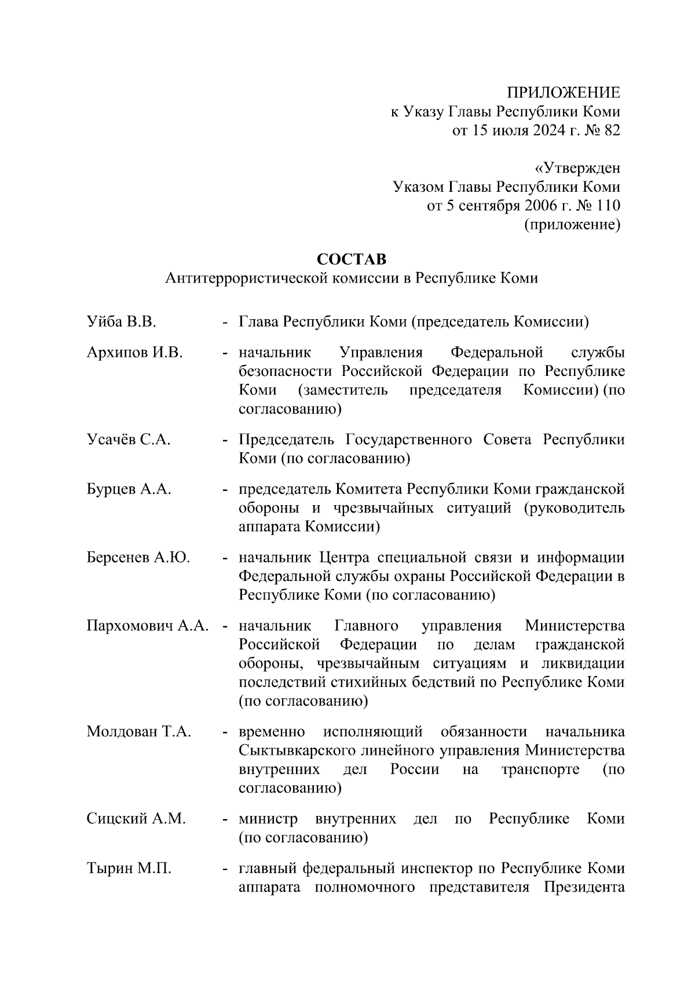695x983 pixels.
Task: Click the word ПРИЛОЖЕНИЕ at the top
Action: pos(563,93)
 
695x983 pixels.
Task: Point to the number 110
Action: pos(606,206)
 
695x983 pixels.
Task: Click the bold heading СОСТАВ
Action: pos(352,259)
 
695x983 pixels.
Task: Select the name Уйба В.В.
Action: pos(121,322)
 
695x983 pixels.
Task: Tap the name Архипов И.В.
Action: pos(134,353)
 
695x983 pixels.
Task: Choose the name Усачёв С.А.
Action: pos(128,440)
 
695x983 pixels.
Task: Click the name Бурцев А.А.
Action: pos(129,489)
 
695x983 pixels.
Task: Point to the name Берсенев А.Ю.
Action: pos(138,558)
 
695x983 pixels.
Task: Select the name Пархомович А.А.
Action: pos(147,626)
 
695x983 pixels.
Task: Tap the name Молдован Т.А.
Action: pos(138,732)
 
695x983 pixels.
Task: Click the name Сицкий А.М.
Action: pos(136,819)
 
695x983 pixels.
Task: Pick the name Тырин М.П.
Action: pos(129,869)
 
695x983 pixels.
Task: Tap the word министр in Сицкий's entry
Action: pos(268,819)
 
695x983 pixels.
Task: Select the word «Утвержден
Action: pos(577,169)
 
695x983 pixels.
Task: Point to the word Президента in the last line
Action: pos(583,888)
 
